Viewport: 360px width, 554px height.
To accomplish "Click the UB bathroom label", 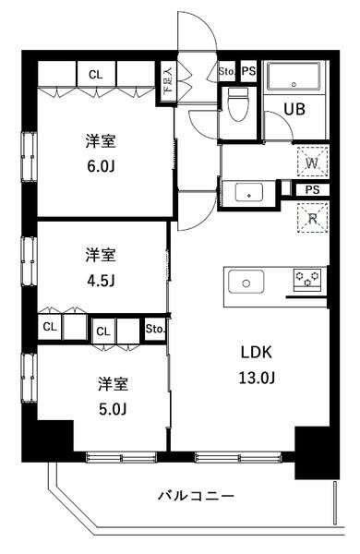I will tap(294, 107).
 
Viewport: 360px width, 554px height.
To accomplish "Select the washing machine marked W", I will tap(310, 163).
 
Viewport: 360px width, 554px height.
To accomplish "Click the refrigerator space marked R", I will tap(310, 219).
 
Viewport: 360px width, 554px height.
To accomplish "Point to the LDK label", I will tap(257, 352).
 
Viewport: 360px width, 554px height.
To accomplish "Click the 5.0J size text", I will tap(107, 408).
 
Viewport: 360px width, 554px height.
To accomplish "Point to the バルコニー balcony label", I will tap(197, 496).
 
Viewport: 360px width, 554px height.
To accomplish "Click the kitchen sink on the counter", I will tap(247, 282).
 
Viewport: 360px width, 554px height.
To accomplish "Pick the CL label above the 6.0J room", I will tap(95, 74).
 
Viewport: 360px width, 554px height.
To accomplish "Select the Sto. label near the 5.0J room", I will tap(154, 328).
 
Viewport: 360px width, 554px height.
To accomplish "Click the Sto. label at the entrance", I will tap(227, 71).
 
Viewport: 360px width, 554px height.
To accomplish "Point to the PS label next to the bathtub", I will tap(247, 71).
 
